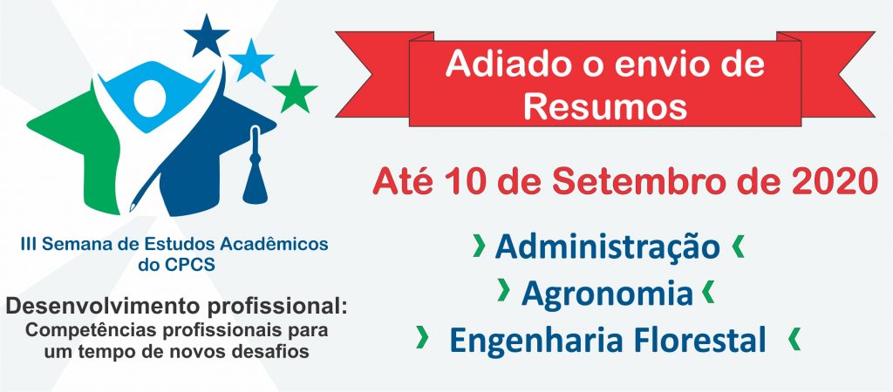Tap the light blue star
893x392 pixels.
[x=251, y=60]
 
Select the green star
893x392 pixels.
[x=295, y=92]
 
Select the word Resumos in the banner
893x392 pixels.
[x=605, y=105]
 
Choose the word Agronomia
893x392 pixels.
[x=607, y=294]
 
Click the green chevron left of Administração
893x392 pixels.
[x=479, y=246]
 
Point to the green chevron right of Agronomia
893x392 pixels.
[x=708, y=292]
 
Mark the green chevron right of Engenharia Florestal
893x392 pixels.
[x=794, y=339]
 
